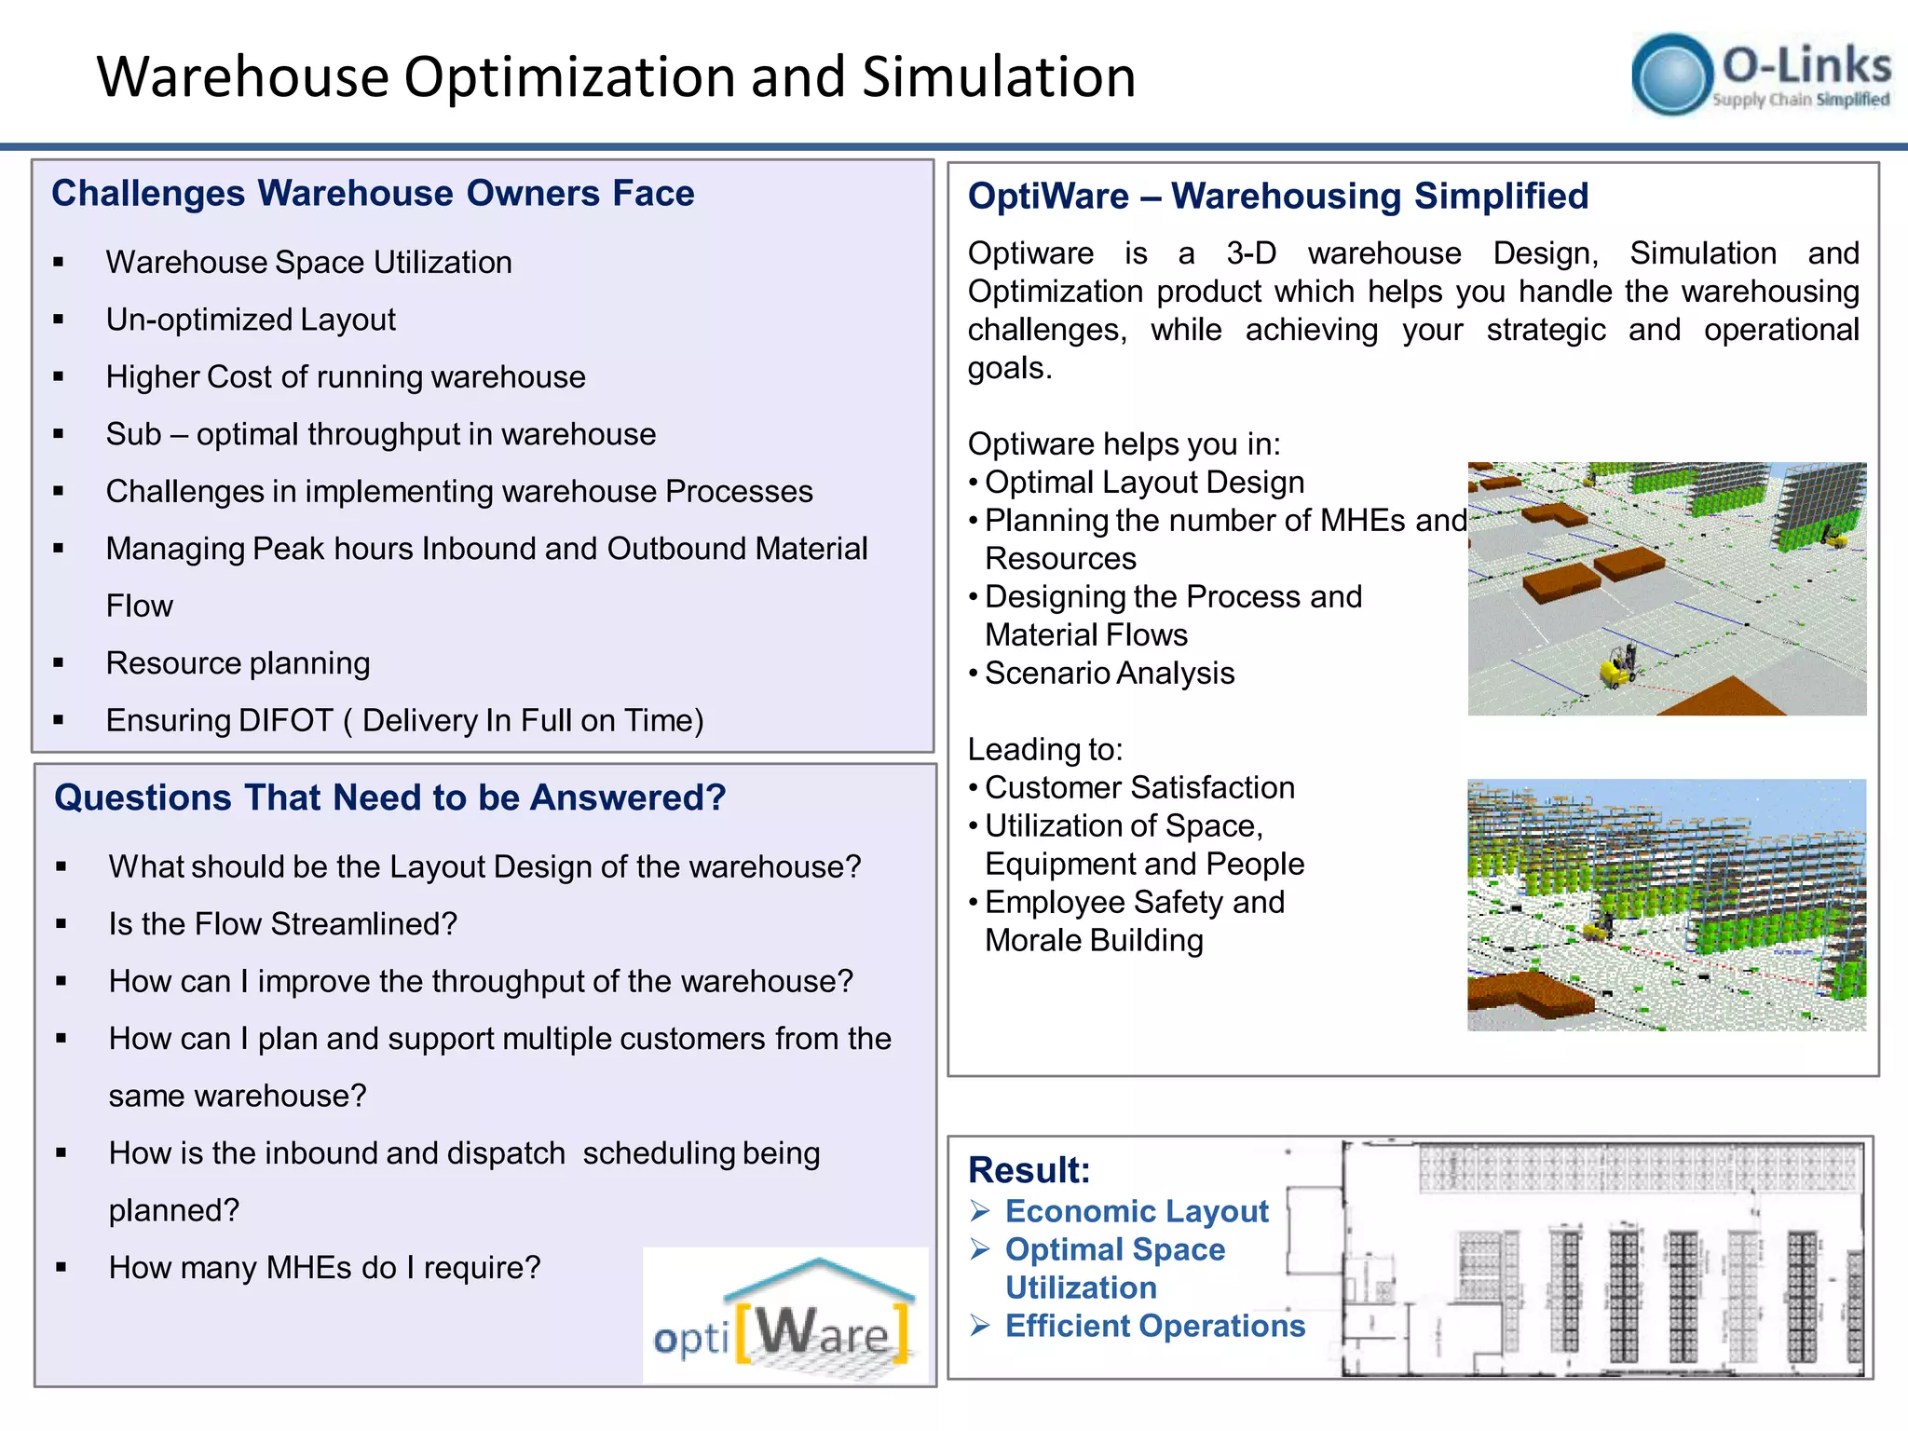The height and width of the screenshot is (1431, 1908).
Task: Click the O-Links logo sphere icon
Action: (x=1672, y=75)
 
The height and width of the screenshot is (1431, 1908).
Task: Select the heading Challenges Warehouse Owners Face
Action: (x=373, y=193)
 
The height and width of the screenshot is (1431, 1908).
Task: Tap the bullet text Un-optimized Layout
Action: (x=251, y=320)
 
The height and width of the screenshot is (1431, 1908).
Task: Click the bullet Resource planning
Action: (x=238, y=663)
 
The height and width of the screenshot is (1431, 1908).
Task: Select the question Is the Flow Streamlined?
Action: (x=282, y=924)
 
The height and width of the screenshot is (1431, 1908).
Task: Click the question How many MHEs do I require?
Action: (x=324, y=1268)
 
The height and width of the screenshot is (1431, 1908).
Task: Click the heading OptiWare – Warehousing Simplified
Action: (x=1277, y=197)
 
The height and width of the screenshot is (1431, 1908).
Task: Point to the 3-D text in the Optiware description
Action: (x=1250, y=253)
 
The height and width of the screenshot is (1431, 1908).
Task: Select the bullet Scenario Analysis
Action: (x=1109, y=674)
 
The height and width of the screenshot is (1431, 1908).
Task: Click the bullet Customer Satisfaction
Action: (x=1138, y=788)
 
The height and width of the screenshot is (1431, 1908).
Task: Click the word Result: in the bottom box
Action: (x=1029, y=1170)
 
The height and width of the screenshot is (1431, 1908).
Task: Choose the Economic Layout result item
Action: (x=1136, y=1211)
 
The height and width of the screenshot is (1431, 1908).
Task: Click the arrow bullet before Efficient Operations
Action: (x=979, y=1326)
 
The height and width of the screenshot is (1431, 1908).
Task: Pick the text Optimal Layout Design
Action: (x=1144, y=483)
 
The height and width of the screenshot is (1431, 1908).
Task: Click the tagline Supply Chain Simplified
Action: (x=1800, y=100)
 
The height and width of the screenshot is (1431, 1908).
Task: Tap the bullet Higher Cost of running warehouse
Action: (x=345, y=377)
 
